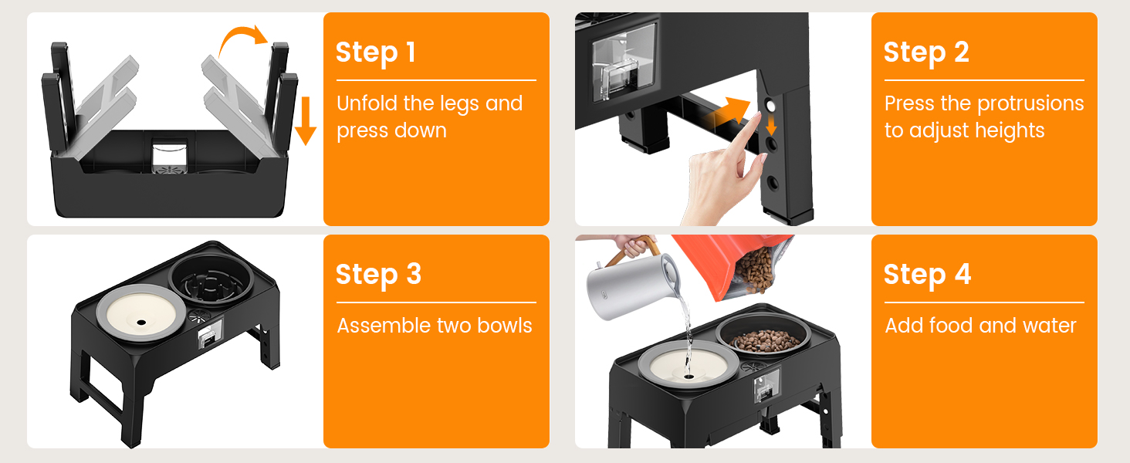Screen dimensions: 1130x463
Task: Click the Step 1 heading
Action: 376,53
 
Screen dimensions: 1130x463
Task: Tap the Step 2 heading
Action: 926,53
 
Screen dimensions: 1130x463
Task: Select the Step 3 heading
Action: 378,275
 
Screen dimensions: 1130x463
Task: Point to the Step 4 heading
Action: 927,275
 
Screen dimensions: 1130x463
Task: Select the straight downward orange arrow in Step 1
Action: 305,121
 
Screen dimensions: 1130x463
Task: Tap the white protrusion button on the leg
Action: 771,106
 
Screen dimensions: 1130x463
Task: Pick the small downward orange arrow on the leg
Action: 771,124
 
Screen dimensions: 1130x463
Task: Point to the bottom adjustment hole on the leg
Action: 773,183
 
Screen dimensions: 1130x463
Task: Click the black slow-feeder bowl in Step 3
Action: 211,280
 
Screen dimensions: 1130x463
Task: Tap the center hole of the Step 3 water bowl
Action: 142,323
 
